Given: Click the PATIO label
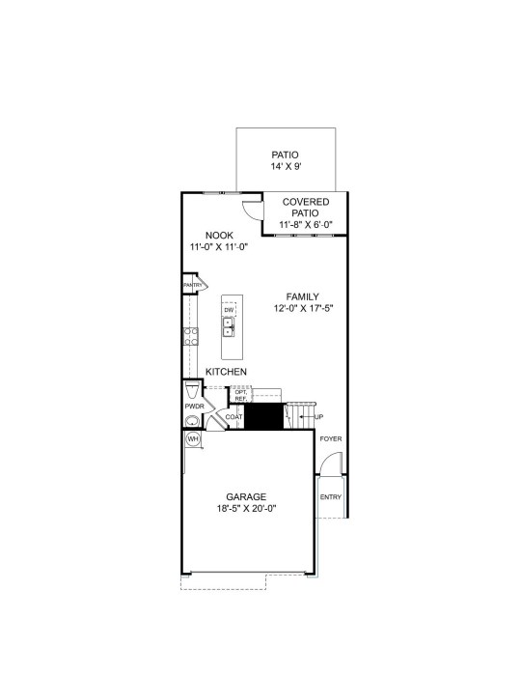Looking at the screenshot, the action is point(285,155).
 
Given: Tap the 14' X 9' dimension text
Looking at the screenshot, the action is point(286,166).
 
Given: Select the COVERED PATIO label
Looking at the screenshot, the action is point(306,207).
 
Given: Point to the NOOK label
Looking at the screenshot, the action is point(219,236).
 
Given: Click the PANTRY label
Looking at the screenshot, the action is point(193,285).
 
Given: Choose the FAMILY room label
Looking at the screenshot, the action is point(302,296).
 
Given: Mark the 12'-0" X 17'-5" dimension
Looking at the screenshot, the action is point(304,308).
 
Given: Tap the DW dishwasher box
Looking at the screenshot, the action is point(229,310).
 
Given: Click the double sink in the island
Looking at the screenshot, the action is point(229,327).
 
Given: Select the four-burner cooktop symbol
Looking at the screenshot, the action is point(191,336).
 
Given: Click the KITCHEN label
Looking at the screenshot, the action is point(227,372).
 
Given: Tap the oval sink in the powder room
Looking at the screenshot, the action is point(192,421).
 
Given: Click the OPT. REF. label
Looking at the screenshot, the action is point(240,395).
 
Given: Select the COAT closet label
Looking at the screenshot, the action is point(234,417).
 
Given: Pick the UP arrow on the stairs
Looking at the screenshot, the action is point(308,417).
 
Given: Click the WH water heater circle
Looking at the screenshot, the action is point(193,438).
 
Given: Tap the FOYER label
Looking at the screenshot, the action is point(331,438).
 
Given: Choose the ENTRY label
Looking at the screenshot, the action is point(330,496).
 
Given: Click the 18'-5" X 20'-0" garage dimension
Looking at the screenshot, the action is point(246,508).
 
